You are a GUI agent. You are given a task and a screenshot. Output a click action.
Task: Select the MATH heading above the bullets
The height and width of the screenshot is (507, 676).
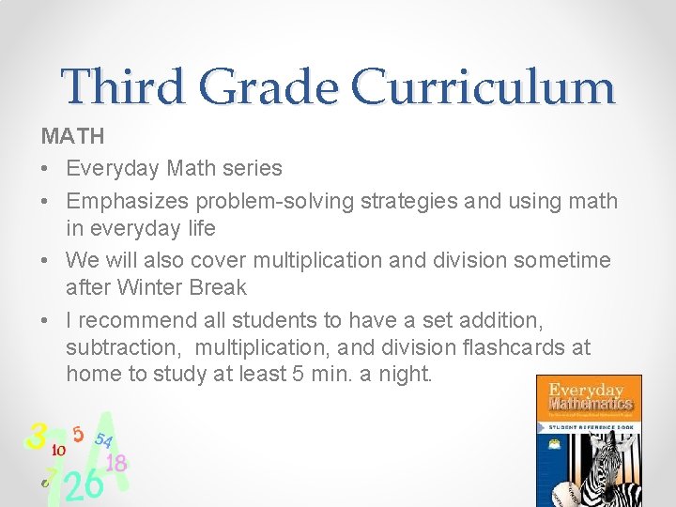[x=72, y=137]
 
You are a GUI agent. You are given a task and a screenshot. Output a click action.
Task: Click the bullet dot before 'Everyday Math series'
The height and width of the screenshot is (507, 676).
[x=46, y=169]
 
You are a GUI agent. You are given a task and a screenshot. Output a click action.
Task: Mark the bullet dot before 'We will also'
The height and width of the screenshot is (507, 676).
[x=46, y=260]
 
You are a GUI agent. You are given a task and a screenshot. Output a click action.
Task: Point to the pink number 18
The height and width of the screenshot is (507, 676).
[x=116, y=463]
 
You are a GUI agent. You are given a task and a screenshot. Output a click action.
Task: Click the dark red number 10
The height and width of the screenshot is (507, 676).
[x=57, y=450]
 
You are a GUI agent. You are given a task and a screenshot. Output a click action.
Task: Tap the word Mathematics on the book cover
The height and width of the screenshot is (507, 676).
[x=589, y=406]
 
